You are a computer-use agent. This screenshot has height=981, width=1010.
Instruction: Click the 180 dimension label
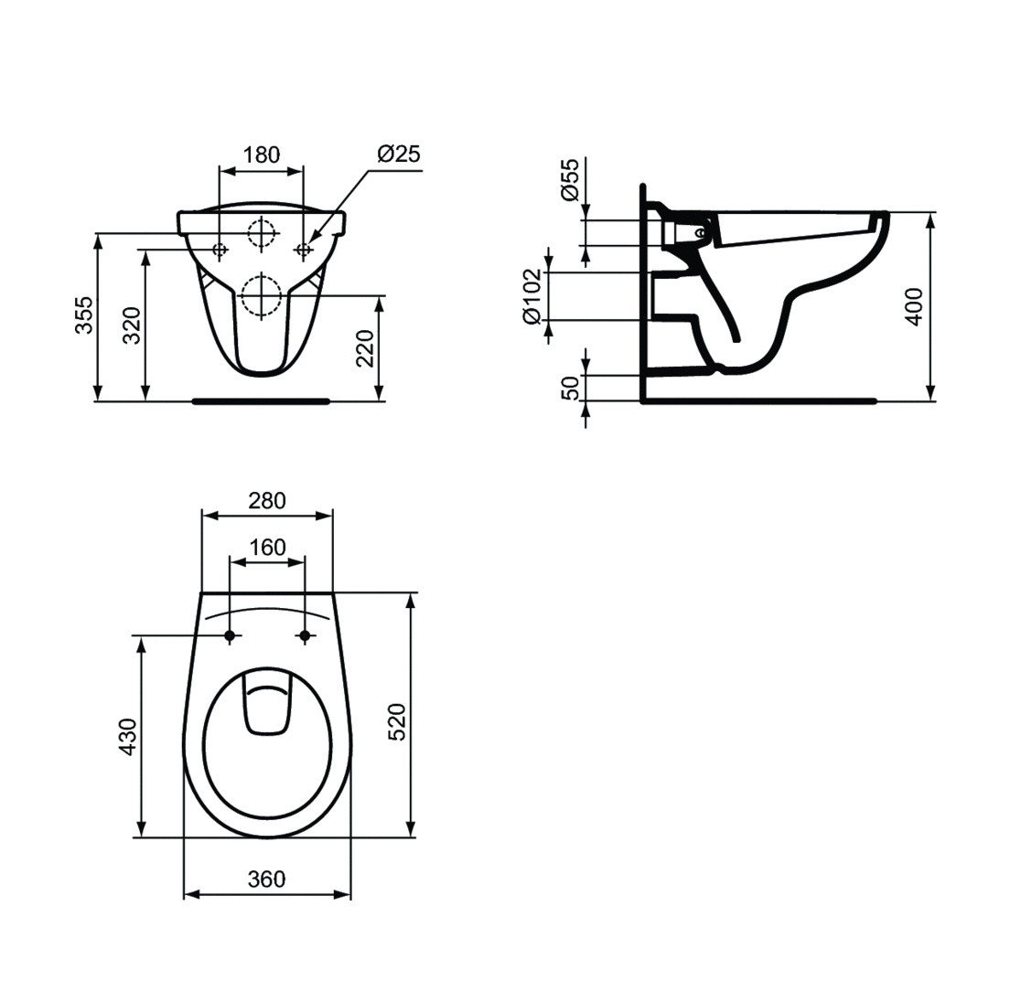coord(262,155)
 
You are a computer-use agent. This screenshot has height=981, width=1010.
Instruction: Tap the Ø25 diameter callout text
coord(398,154)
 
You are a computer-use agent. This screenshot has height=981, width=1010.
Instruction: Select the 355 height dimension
coord(84,315)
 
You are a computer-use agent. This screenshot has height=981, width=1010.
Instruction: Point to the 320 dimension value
coord(132,325)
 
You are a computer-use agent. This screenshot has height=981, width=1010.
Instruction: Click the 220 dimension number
coord(364,348)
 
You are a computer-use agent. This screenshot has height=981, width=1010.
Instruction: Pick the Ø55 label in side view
coord(570,179)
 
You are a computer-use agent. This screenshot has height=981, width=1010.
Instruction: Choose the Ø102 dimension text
coord(532,296)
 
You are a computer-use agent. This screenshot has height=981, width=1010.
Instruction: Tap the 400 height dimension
coord(915,307)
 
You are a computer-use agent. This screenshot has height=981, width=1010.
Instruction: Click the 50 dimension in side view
coord(570,388)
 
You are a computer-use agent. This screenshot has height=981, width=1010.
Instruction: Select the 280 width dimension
coord(266,500)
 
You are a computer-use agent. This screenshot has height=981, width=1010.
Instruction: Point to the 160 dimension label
coord(266,547)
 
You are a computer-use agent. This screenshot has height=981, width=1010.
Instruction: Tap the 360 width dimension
coord(266,879)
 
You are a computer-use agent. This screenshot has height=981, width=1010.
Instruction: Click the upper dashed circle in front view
coord(262,234)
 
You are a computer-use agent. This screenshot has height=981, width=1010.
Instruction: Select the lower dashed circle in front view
coord(262,295)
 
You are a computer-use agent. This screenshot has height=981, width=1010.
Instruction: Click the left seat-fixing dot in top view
coord(230,635)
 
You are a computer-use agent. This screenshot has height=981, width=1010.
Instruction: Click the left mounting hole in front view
coord(220,250)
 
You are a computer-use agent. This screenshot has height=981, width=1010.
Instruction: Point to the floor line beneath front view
coord(262,400)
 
